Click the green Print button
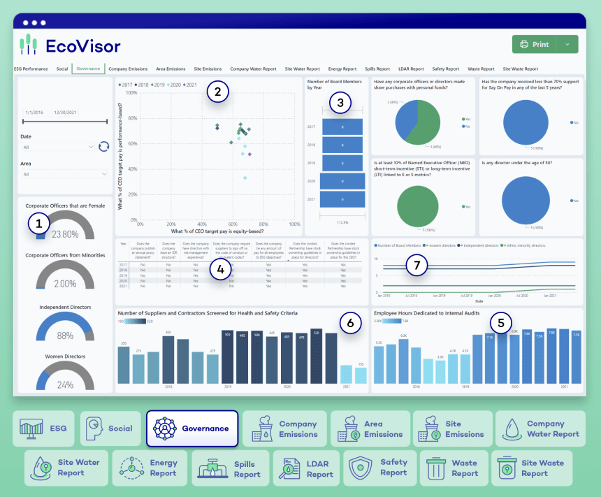(x=535, y=44)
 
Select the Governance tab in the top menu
(x=89, y=69)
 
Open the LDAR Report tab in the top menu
(x=410, y=69)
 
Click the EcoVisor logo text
(x=82, y=46)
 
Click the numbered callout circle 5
(x=500, y=323)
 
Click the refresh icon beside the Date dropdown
(x=104, y=146)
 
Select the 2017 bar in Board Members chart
(x=342, y=127)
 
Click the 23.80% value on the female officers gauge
(x=65, y=235)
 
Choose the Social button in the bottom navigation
(x=110, y=428)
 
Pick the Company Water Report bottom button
(x=540, y=428)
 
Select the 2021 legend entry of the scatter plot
(x=187, y=85)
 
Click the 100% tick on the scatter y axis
(x=131, y=93)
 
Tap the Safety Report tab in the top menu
(x=446, y=69)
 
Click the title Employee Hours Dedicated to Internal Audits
(x=426, y=313)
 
